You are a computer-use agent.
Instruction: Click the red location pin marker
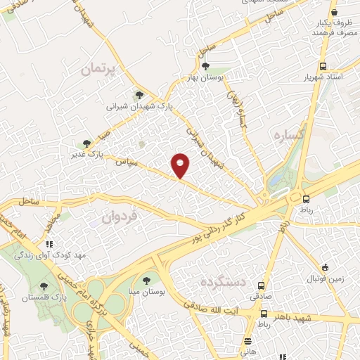point(181,165)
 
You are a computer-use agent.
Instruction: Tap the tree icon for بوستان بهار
point(205,66)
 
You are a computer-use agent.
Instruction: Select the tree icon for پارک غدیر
point(86,143)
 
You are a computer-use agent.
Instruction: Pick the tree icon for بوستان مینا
point(146,281)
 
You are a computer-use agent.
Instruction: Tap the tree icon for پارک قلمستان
point(44,286)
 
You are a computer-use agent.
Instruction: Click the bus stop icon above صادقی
point(262,285)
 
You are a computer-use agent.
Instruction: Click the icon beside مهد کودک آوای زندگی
point(49,244)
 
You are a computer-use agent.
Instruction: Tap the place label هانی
point(247,349)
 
